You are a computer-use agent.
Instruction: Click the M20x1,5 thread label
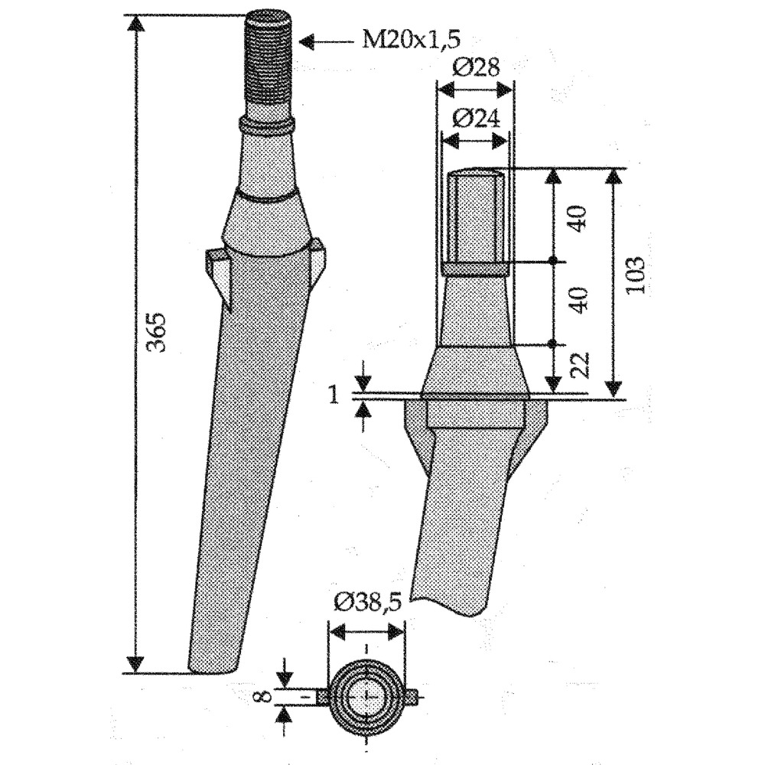[411, 40]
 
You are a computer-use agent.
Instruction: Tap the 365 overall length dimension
[157, 332]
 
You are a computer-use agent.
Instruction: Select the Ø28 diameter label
[476, 67]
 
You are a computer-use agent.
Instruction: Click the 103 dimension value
[635, 275]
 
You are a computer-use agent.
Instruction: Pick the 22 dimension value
[580, 365]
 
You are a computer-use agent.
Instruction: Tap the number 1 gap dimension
[334, 396]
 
